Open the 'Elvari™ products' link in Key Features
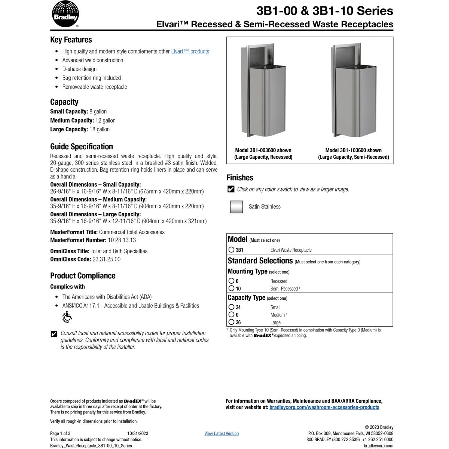coord(190,51)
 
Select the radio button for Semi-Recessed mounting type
coord(232,288)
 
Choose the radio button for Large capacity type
coord(232,322)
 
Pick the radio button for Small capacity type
coord(232,307)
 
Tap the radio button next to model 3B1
coord(232,250)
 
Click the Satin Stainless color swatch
coord(236,207)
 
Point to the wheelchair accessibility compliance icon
coord(67,317)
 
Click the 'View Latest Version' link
coord(222,433)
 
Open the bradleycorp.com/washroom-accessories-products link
coord(324,407)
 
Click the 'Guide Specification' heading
coord(82,147)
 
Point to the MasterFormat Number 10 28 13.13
coord(122,240)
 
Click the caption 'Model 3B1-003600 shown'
coord(263,150)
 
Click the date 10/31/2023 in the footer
coord(138,433)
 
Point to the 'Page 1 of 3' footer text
coord(60,433)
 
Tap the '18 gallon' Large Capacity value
coord(100,129)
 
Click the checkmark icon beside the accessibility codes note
coord(54,334)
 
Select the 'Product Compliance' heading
coord(83,276)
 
